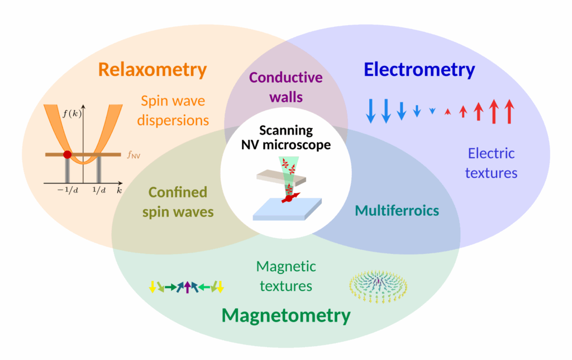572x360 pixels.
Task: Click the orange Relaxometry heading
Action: click(152, 70)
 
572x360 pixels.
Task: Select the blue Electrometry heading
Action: click(419, 70)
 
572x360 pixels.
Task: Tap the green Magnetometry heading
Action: click(286, 315)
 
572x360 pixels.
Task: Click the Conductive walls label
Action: click(286, 87)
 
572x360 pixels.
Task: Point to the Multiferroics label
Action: click(397, 211)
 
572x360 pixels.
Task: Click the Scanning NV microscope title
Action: click(286, 138)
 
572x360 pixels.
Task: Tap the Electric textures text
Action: click(492, 163)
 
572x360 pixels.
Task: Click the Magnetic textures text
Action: click(286, 276)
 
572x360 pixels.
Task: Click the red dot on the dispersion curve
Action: click(67, 154)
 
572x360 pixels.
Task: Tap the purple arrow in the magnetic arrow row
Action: click(188, 287)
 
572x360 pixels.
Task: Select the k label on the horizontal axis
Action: click(120, 191)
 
